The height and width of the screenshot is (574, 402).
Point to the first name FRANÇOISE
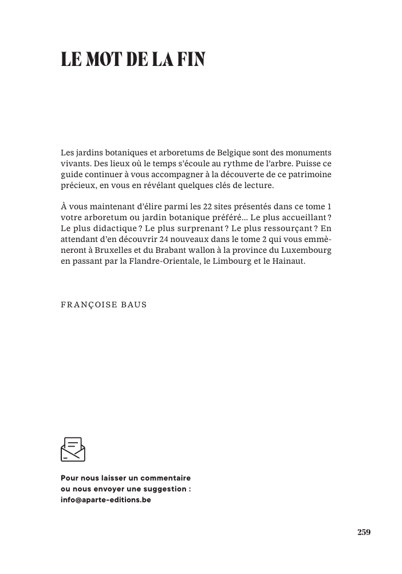[x=87, y=304]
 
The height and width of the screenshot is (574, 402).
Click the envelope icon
[x=73, y=449]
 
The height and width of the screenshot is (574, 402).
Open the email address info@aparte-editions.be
[x=106, y=499]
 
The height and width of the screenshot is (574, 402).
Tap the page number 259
[x=364, y=532]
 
